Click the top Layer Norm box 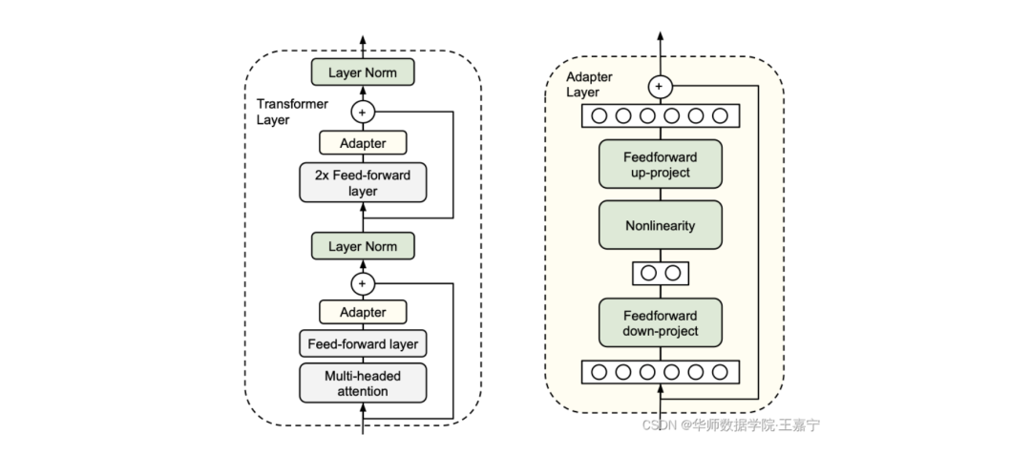(362, 72)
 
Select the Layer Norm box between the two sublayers (362, 246)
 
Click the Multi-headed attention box (362, 383)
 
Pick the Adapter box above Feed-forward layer (362, 312)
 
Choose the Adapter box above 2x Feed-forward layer (362, 143)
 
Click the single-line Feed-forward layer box (362, 343)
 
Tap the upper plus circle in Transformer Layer (362, 112)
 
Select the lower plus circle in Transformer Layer (362, 283)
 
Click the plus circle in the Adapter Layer (659, 87)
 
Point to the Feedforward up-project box (660, 164)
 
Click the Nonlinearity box (660, 226)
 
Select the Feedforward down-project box (660, 323)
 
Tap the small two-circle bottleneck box (660, 273)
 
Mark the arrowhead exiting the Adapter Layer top (659, 36)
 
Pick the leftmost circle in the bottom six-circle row (600, 372)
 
